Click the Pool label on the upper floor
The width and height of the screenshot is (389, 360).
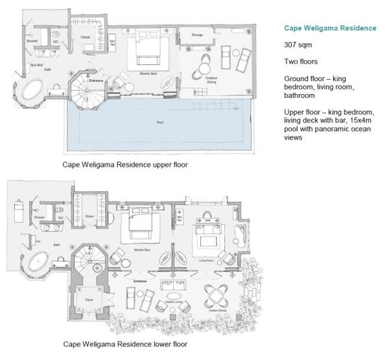[159, 121]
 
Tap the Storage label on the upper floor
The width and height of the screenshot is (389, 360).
[198, 34]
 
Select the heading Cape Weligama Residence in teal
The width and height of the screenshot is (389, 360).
[330, 28]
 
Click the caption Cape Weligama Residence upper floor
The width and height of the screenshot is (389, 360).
[124, 165]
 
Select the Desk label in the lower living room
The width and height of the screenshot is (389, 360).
[207, 220]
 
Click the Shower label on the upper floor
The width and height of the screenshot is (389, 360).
[32, 40]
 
